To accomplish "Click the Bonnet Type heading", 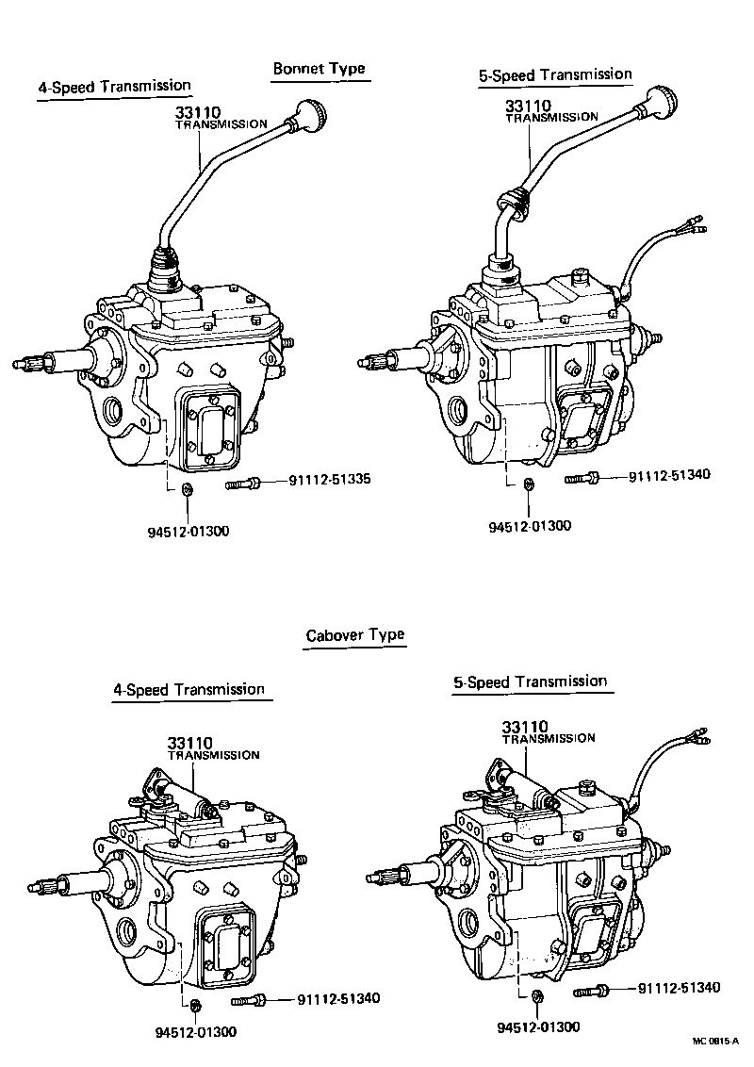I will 318,69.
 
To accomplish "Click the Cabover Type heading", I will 354,634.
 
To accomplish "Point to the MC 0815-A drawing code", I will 715,1041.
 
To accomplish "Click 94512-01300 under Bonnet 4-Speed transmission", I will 187,531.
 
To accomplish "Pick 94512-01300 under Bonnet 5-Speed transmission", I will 529,526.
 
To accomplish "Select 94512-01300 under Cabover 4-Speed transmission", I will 195,1031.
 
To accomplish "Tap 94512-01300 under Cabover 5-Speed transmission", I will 538,1026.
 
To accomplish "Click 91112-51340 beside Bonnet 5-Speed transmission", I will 669,475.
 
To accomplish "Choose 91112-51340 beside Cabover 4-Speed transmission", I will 338,999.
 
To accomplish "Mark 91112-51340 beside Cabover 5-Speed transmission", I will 679,988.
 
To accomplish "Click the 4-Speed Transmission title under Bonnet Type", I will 114,87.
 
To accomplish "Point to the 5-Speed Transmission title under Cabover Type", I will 530,681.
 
